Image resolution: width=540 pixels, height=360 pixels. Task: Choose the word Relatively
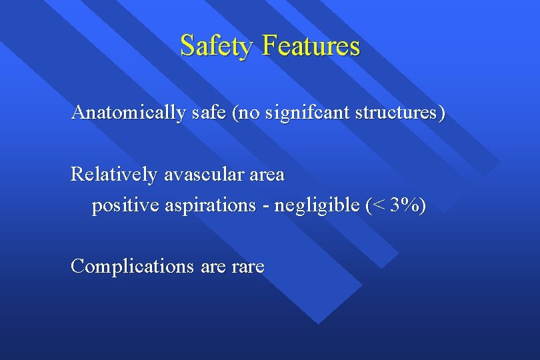(x=114, y=175)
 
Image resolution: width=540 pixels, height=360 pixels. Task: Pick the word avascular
(x=203, y=175)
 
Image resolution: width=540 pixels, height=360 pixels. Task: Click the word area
(x=266, y=175)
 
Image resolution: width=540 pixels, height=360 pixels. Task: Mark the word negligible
(x=317, y=206)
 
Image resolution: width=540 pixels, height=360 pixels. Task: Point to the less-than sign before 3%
(x=379, y=206)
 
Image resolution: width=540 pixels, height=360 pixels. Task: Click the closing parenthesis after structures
(x=442, y=113)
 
